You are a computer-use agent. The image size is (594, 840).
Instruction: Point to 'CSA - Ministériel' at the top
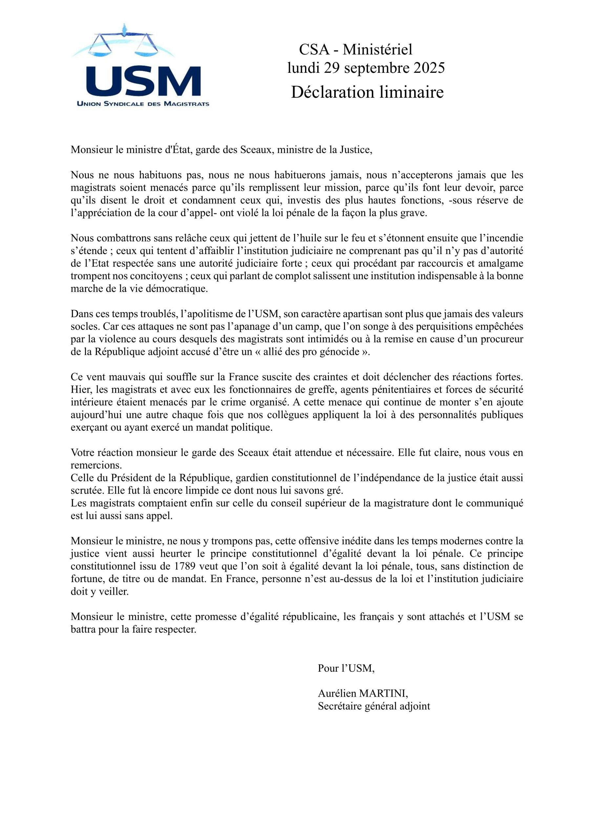[356, 50]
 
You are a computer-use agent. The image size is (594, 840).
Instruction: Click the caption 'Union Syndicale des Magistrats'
[143, 104]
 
